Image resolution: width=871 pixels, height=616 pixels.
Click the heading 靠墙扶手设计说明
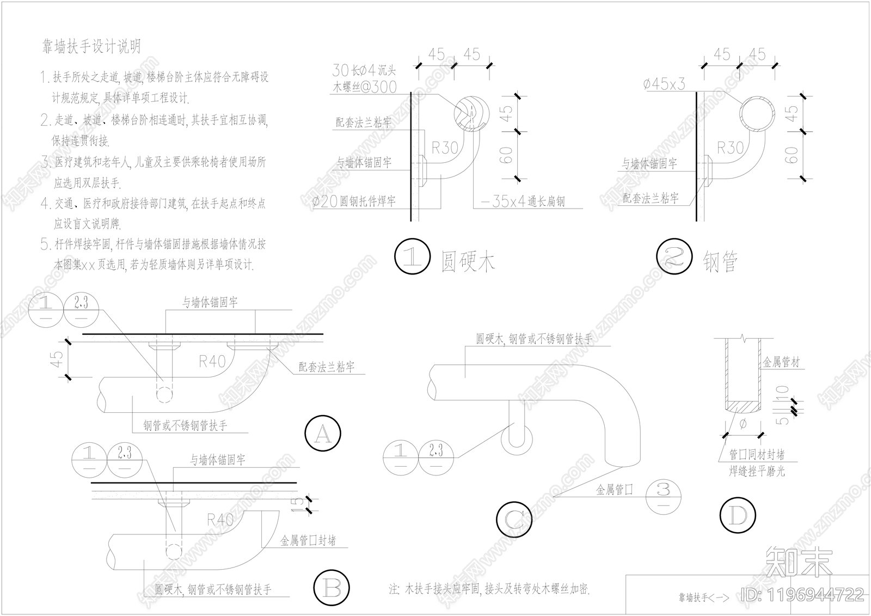tap(91, 47)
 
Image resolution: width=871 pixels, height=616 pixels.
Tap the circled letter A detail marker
tap(323, 434)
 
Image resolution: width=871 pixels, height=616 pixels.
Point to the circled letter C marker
tap(513, 520)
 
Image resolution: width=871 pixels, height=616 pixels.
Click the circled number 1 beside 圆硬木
tap(413, 257)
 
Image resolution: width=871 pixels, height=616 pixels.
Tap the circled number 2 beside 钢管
tap(674, 257)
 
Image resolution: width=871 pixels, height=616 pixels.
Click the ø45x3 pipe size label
tap(664, 84)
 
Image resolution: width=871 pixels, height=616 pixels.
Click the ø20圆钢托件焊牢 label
tap(354, 202)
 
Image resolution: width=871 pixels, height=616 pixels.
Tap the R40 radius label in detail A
tap(212, 361)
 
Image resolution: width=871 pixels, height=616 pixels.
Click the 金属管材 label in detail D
tap(781, 362)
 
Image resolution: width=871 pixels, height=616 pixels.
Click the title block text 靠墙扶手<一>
tap(703, 597)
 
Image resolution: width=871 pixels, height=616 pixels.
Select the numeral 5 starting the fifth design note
tap(45, 245)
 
